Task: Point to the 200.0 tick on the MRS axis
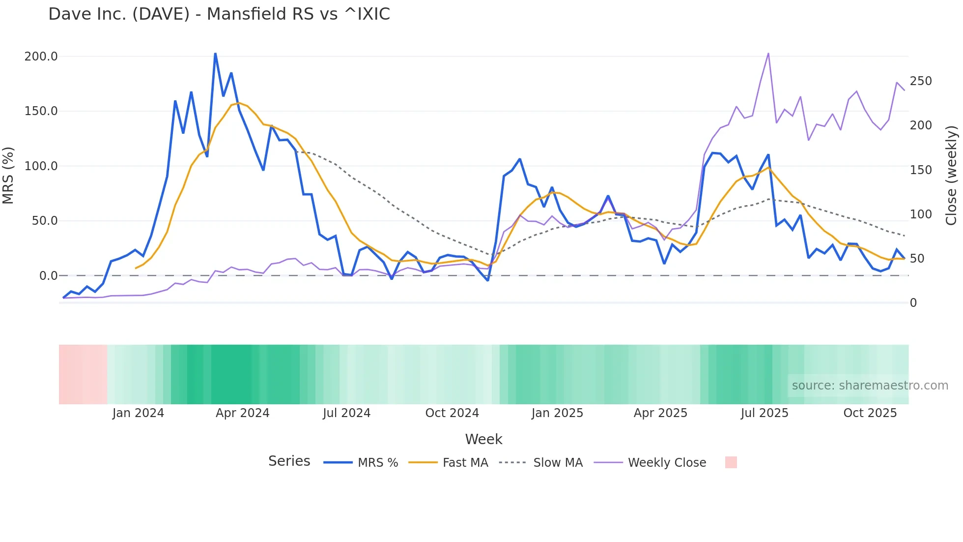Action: point(41,57)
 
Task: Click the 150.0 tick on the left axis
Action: point(41,111)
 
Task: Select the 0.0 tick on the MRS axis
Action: point(48,276)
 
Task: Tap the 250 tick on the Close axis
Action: point(921,81)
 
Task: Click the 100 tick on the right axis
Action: point(921,214)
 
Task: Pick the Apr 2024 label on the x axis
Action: point(242,413)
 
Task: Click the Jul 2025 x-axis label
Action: point(764,413)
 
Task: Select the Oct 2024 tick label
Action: point(452,413)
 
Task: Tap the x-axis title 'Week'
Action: point(483,439)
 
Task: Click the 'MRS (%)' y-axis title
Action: point(8,176)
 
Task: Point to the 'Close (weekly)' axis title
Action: point(952,176)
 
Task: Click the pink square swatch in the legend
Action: point(731,462)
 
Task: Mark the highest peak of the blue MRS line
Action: point(215,54)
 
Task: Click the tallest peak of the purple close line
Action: point(768,54)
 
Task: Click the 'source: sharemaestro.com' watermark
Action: point(870,386)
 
